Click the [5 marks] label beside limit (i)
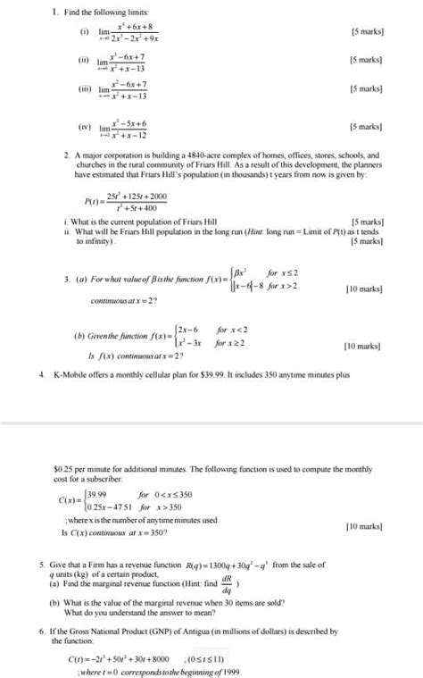(x=367, y=31)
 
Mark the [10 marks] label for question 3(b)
(x=362, y=345)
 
